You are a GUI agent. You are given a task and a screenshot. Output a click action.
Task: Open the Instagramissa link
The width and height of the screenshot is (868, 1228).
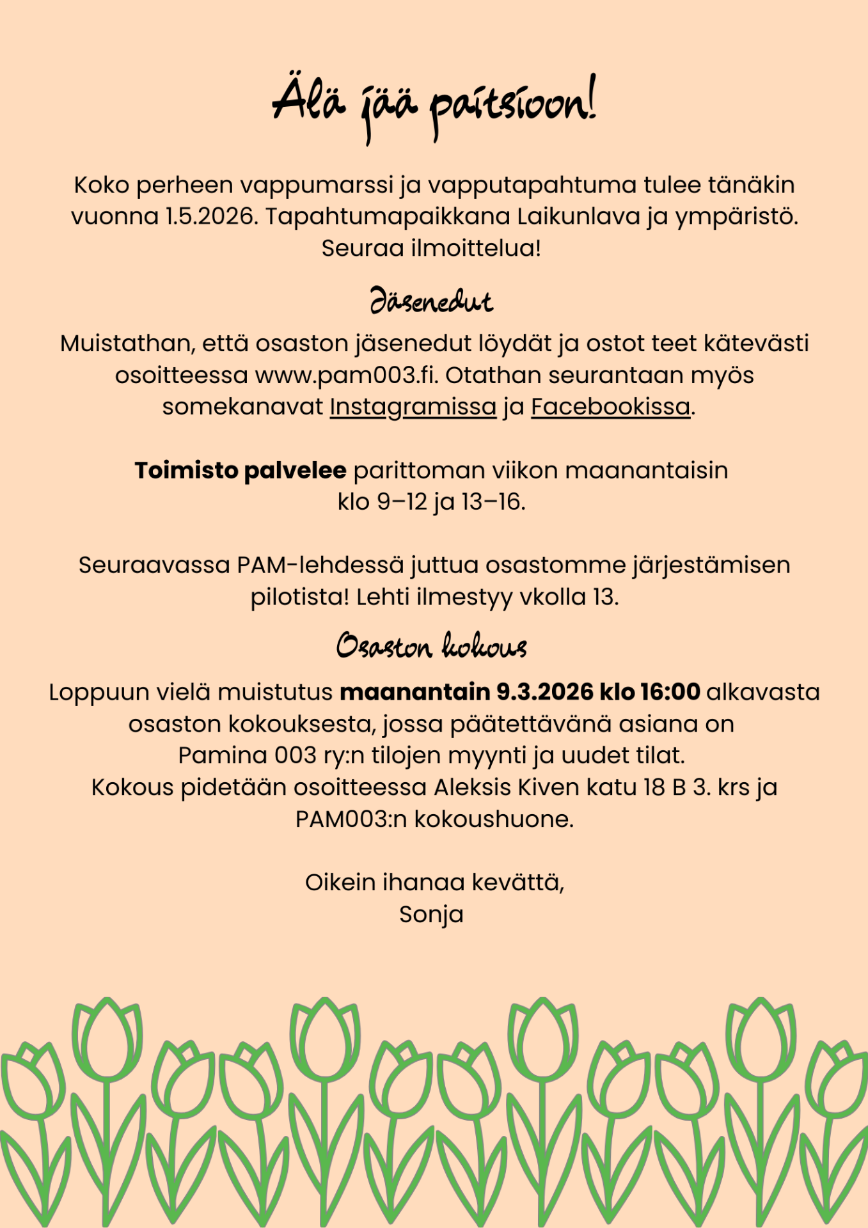(413, 407)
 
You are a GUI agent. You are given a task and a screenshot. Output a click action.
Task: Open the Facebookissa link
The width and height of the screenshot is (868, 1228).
(611, 407)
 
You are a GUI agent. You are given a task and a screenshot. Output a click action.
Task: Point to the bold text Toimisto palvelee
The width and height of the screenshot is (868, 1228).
(241, 471)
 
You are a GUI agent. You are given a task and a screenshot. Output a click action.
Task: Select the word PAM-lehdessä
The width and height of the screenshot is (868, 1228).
(320, 565)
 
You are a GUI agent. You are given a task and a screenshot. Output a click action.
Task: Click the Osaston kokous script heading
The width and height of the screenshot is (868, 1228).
(432, 646)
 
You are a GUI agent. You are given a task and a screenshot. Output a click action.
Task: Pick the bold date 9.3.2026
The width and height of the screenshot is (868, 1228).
(545, 693)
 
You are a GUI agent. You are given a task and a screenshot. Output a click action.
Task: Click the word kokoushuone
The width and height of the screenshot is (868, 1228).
(493, 819)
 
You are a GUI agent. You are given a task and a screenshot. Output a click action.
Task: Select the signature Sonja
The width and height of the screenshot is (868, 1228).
(432, 915)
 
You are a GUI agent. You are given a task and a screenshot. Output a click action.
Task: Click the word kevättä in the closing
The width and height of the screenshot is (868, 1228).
(518, 883)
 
